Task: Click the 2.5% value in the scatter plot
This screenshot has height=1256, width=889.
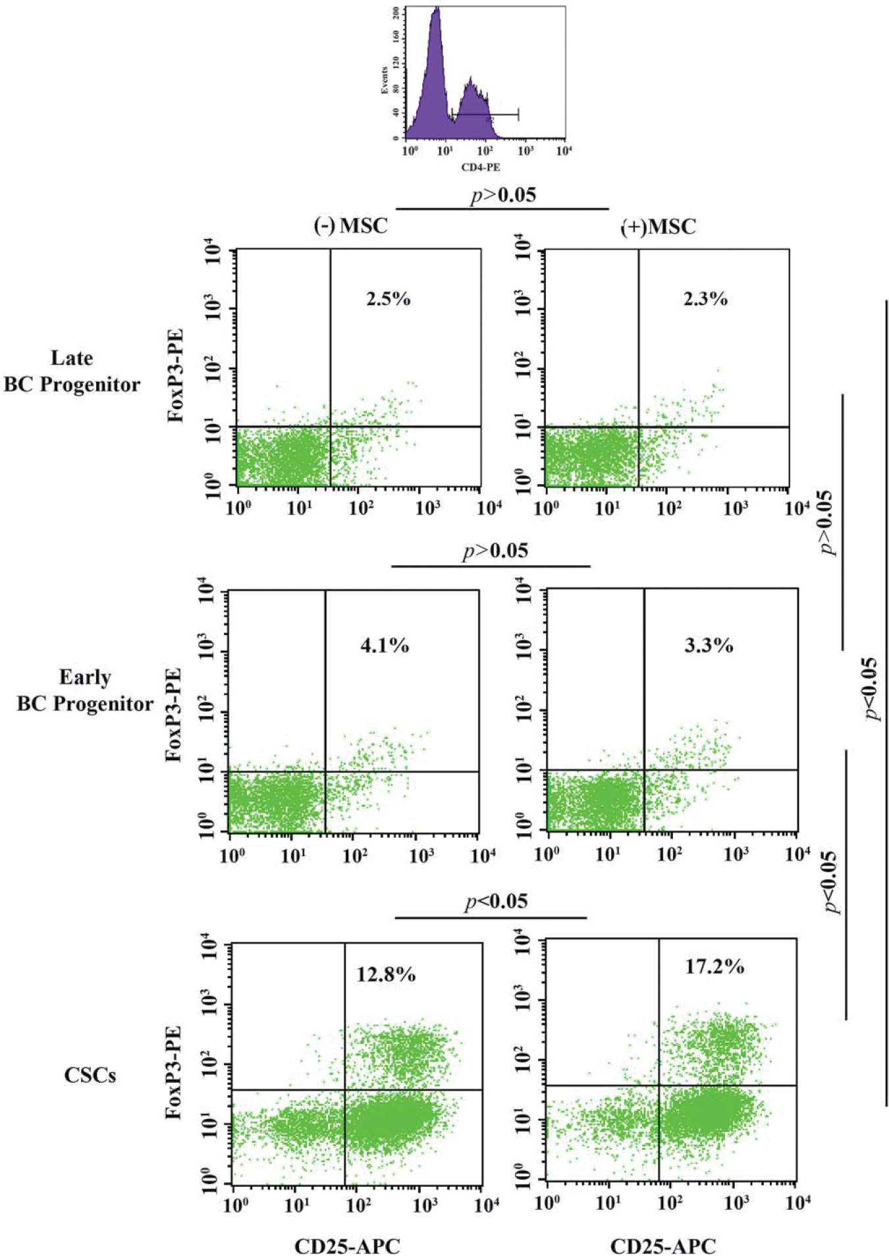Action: pos(389,299)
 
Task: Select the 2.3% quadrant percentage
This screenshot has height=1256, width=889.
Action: pos(705,299)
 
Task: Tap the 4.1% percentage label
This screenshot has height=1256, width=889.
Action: pos(385,645)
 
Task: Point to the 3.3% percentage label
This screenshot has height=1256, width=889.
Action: pos(709,645)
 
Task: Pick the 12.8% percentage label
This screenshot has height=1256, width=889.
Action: pos(386,974)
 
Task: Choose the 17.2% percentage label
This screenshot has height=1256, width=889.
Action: pos(714,967)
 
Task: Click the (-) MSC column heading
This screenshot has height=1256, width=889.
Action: pos(350,226)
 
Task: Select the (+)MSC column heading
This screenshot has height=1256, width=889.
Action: pos(659,227)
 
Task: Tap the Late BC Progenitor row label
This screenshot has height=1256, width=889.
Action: pos(72,371)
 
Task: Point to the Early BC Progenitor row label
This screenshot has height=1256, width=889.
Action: pos(85,691)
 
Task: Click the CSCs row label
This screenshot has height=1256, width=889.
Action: pos(90,1076)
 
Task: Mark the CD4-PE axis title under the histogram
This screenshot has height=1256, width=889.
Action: pos(481,167)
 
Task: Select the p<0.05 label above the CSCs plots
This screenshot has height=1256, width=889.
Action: pos(497,901)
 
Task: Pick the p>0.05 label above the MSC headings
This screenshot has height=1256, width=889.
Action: pos(503,195)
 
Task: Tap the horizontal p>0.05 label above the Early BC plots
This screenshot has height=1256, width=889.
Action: pos(495,551)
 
